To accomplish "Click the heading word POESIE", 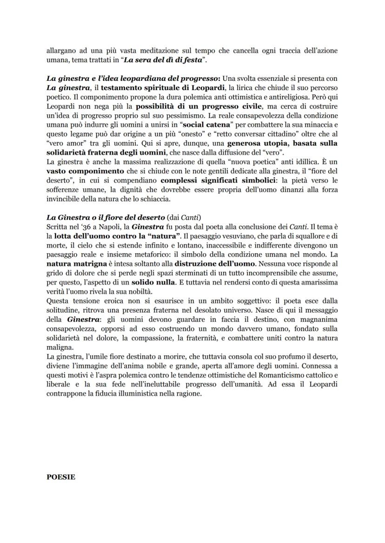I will tap(61, 477).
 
